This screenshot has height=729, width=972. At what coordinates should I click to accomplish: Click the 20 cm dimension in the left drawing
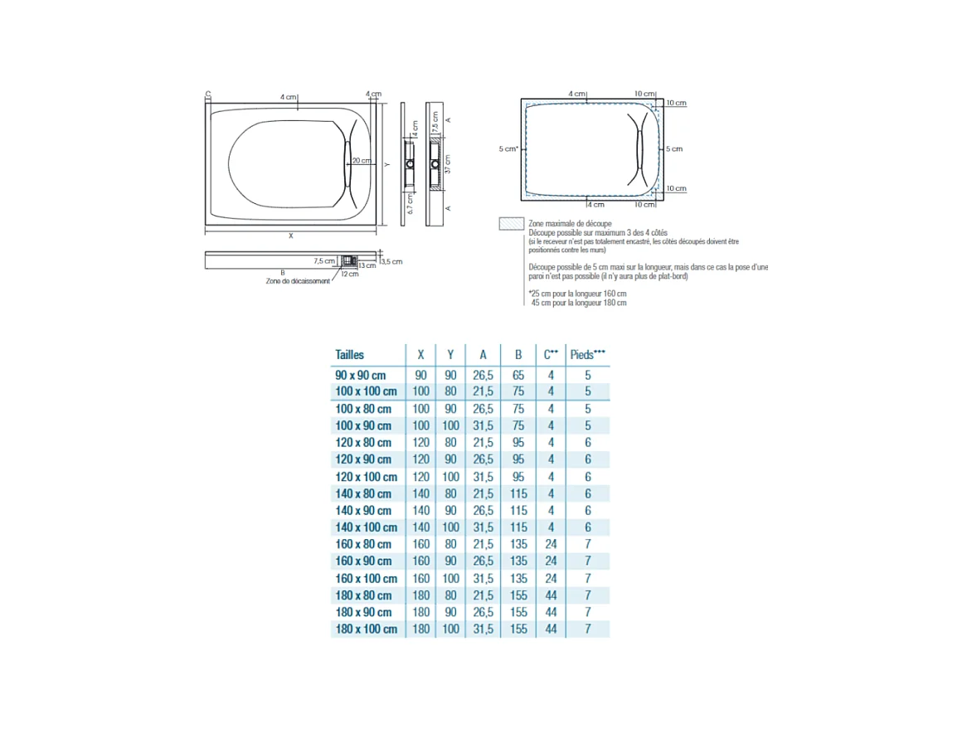361,160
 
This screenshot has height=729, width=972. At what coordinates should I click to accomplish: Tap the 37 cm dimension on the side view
446,164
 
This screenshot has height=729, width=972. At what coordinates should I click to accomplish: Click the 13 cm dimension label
367,265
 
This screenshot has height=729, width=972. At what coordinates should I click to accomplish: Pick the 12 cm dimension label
349,274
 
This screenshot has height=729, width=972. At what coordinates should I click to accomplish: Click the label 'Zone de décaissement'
298,281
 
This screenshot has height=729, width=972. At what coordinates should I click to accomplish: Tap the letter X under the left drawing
290,236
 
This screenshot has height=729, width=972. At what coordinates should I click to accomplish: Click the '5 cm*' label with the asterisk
508,149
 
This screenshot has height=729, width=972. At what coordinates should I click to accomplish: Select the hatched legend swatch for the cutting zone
510,224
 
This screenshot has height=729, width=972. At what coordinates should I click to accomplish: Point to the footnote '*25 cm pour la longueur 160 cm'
576,294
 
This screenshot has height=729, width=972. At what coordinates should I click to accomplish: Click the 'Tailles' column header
349,354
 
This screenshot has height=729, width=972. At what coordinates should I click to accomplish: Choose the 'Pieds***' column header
588,354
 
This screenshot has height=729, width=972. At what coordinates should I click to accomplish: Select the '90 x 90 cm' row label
361,375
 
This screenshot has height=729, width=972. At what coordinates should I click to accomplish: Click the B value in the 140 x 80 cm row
518,493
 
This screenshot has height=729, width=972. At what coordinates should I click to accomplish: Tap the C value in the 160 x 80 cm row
551,544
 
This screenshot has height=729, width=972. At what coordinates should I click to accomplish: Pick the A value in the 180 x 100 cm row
483,629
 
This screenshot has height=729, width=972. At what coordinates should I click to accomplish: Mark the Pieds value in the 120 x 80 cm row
588,443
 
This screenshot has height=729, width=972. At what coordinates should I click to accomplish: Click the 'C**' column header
551,354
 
